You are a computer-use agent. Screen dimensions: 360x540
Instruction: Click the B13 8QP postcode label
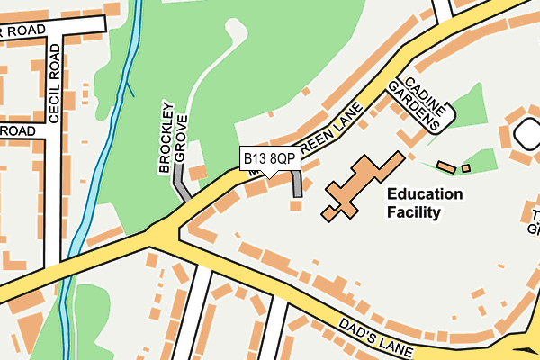[269, 158]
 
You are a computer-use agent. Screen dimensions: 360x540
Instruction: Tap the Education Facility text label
[424, 203]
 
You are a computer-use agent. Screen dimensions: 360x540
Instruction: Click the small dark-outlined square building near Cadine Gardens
[466, 168]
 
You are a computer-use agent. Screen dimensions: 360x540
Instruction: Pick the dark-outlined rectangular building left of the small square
[446, 166]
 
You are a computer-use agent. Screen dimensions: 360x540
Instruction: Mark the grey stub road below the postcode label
[297, 184]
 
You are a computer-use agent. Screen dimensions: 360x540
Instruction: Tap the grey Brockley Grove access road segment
[181, 190]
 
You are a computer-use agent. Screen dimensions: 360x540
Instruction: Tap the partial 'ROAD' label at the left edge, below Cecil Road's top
[18, 131]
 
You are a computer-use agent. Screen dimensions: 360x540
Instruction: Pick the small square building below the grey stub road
[295, 206]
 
